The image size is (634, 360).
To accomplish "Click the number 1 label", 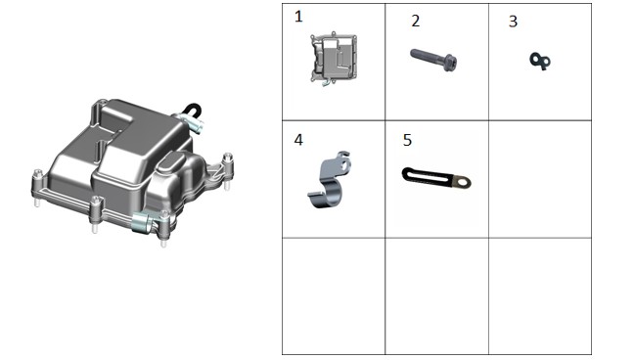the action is pos(298,17).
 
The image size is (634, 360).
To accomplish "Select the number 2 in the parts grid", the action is pos(416,22).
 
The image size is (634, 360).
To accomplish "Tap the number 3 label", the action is pos(513,22).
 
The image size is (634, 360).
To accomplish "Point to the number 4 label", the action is pos(298,140).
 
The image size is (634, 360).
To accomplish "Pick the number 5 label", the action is pos(407,140).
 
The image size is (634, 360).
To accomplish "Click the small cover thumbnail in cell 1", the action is pos(334,59).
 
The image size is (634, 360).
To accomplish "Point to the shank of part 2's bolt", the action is pos(427,57).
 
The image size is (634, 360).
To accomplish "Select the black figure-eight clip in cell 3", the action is pos(540,61).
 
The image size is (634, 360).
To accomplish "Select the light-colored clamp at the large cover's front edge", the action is pos(142,223).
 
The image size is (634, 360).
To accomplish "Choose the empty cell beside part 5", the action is pos(540,179).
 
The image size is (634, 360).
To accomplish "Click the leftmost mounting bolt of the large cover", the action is pos(37,188).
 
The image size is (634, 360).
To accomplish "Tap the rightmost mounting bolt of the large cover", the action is pos(228,170).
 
